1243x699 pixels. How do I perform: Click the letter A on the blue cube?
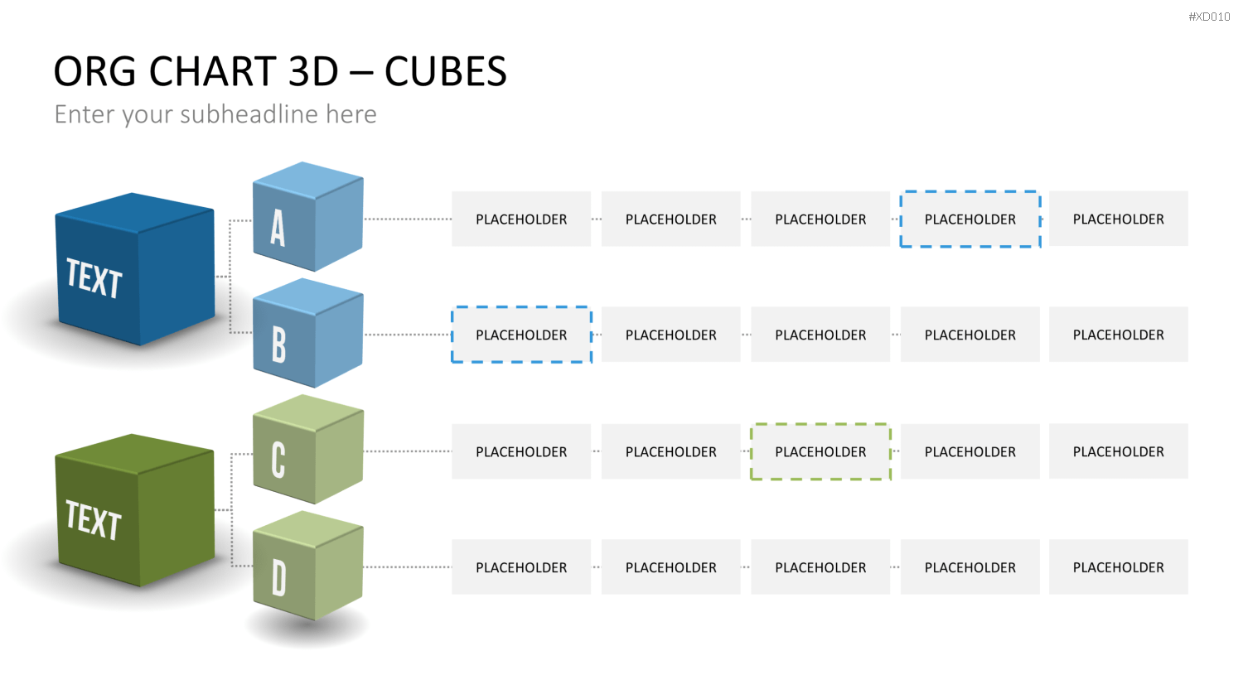pos(278,228)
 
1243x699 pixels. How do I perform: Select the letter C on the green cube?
pos(278,460)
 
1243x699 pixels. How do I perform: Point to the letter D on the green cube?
pos(278,577)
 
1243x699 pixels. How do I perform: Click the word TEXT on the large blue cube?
pos(94,278)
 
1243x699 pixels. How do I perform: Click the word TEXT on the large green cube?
pos(93,520)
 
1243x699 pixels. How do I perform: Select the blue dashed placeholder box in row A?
pos(970,219)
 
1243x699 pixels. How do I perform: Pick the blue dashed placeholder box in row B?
pos(521,335)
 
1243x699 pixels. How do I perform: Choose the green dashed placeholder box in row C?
pos(820,451)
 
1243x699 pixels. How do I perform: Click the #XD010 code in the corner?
pos(1209,17)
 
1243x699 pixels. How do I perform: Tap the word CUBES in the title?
pos(446,71)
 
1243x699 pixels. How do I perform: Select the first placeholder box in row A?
pos(521,219)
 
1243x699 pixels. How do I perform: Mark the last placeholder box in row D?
pos(1118,567)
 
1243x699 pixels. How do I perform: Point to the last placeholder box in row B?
pos(1118,335)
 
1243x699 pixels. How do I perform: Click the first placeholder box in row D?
pos(521,567)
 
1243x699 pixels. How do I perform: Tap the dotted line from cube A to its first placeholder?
pos(408,219)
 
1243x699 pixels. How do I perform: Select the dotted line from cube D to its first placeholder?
pos(408,567)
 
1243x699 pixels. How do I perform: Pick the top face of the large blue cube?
pos(135,213)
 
